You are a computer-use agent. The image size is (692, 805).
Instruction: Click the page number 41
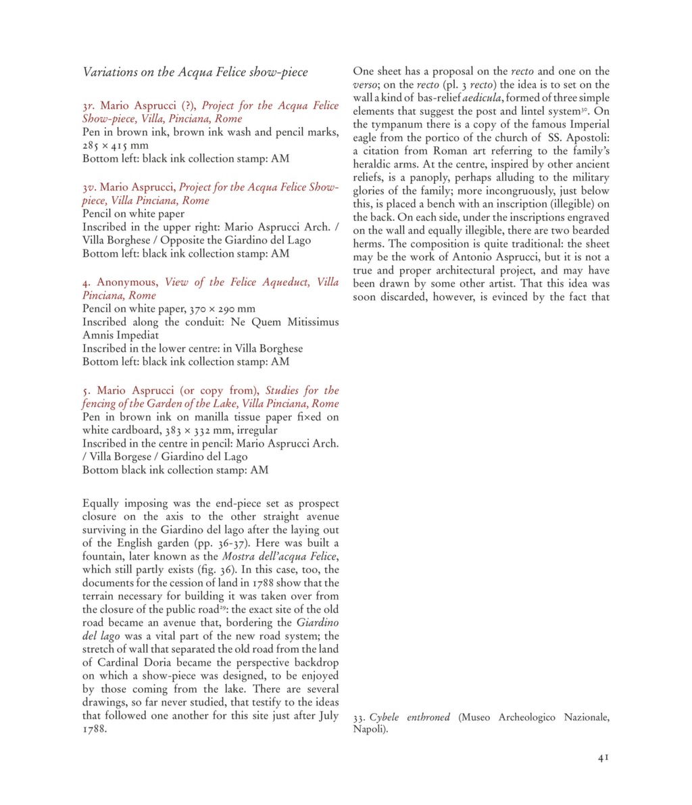coord(603,758)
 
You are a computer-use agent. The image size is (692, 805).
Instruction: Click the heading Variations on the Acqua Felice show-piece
coord(195,72)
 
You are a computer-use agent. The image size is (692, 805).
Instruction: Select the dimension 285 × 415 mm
coord(116,145)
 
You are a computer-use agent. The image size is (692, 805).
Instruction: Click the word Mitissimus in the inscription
coord(313,322)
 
